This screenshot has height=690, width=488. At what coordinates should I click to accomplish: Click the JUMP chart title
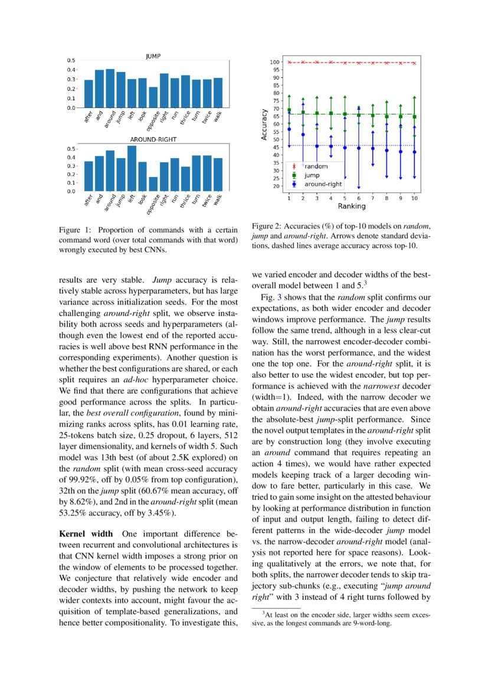pyautogui.click(x=153, y=56)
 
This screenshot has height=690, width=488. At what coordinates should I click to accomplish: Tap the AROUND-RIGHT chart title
pyautogui.click(x=153, y=140)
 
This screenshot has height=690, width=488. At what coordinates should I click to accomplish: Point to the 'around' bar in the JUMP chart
pyautogui.click(x=110, y=89)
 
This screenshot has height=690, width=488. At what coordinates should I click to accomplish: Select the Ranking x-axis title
pyautogui.click(x=351, y=207)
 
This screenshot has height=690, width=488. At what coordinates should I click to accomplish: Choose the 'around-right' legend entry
pyautogui.click(x=322, y=184)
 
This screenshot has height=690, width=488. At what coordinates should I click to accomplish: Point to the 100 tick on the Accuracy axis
pyautogui.click(x=274, y=62)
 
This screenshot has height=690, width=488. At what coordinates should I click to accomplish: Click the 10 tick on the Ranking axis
pyautogui.click(x=414, y=198)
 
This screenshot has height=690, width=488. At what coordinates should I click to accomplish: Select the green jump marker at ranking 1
pyautogui.click(x=289, y=110)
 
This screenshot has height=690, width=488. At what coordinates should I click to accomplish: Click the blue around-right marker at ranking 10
pyautogui.click(x=414, y=152)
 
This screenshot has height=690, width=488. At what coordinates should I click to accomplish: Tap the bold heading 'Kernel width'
pyautogui.click(x=86, y=534)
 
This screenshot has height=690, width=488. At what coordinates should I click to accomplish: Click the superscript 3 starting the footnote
pyautogui.click(x=263, y=613)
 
